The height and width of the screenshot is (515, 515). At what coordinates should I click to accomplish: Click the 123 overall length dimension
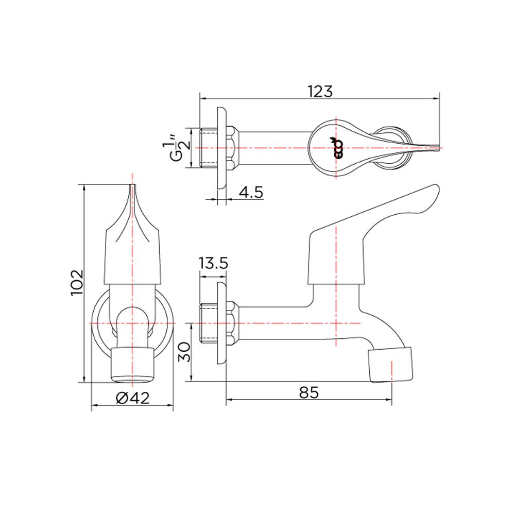click(320, 91)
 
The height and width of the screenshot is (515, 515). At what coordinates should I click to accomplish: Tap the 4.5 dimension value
click(251, 192)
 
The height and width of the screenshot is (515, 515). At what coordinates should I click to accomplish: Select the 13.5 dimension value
click(213, 264)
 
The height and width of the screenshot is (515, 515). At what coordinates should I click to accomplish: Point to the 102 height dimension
click(76, 282)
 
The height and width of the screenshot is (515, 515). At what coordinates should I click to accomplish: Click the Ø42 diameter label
click(132, 398)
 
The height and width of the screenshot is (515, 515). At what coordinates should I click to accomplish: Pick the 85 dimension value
click(308, 392)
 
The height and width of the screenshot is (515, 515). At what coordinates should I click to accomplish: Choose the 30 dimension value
click(184, 353)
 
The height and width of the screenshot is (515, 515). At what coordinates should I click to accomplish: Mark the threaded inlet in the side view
click(208, 323)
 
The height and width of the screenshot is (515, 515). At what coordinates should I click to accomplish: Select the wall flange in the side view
click(222, 323)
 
